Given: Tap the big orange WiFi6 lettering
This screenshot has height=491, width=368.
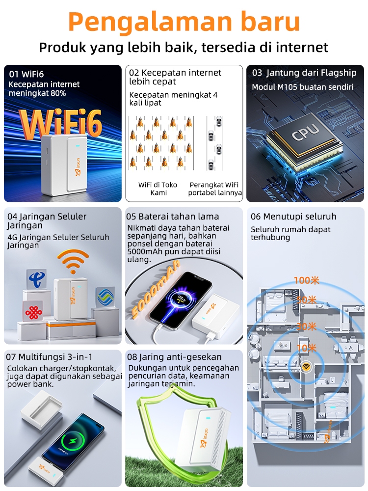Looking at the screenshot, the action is pyautogui.click(x=61, y=123).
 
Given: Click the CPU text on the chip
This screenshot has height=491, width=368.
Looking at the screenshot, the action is pyautogui.click(x=305, y=132).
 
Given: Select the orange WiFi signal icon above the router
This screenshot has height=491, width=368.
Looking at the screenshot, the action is pyautogui.click(x=73, y=262).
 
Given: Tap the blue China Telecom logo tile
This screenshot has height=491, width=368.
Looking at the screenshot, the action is pyautogui.click(x=37, y=278).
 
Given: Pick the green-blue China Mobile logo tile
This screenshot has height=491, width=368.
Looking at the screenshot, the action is pyautogui.click(x=105, y=297).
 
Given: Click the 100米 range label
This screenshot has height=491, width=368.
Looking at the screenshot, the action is pyautogui.click(x=306, y=280).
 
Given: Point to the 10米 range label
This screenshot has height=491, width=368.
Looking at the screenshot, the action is pyautogui.click(x=307, y=348).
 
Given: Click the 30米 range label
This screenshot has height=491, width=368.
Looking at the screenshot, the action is pyautogui.click(x=307, y=327).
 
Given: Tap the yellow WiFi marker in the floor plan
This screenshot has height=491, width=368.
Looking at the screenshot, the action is pyautogui.click(x=306, y=367).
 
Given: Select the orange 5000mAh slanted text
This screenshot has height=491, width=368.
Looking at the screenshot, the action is pyautogui.click(x=156, y=288).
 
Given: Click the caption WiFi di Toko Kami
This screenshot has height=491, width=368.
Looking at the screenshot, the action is pyautogui.click(x=158, y=189).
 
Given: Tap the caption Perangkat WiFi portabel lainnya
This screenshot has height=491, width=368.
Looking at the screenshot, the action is pyautogui.click(x=215, y=189).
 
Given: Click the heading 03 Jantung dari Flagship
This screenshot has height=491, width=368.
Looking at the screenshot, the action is pyautogui.click(x=304, y=73).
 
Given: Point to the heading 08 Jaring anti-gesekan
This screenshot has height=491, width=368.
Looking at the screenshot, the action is pyautogui.click(x=174, y=357).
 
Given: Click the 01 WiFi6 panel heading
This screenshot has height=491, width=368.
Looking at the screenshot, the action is pyautogui.click(x=26, y=74).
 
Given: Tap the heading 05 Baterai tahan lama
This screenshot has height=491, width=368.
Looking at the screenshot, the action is pyautogui.click(x=172, y=217).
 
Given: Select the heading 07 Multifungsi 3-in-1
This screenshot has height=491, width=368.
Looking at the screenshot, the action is pyautogui.click(x=49, y=357).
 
